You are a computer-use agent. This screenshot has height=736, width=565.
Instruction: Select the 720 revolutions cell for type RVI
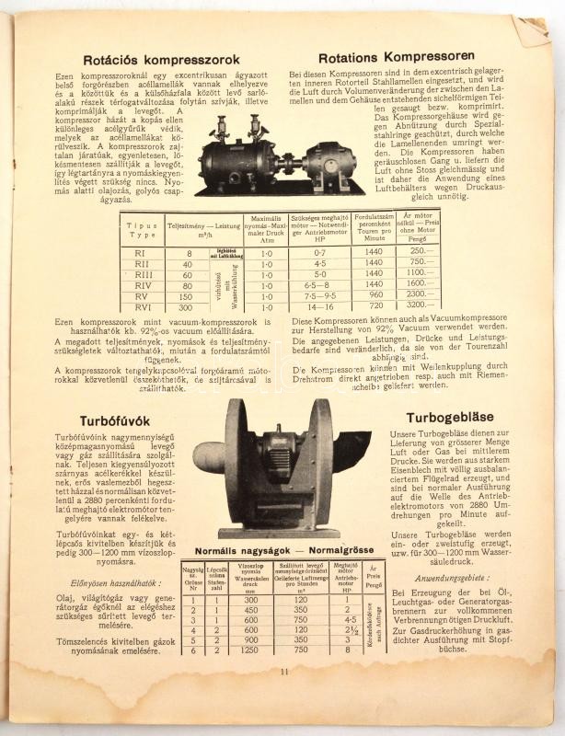(373, 305)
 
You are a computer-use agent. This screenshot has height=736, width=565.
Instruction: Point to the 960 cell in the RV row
(373, 295)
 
